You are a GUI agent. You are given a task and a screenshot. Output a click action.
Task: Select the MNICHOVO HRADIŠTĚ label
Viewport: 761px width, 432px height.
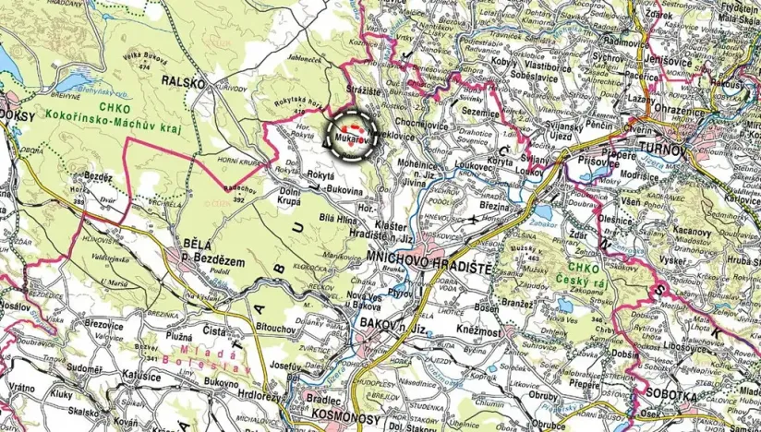[x=431, y=255]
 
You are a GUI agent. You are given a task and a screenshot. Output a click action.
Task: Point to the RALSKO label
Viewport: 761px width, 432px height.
[x=182, y=81]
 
